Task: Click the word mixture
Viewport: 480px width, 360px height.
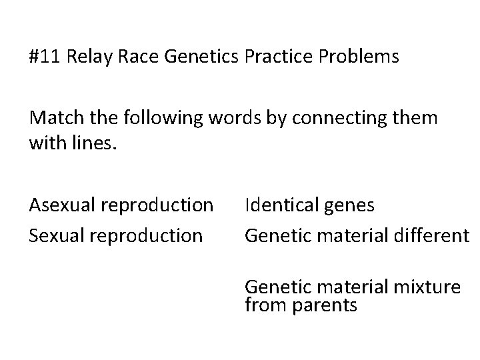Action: pos(427,287)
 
